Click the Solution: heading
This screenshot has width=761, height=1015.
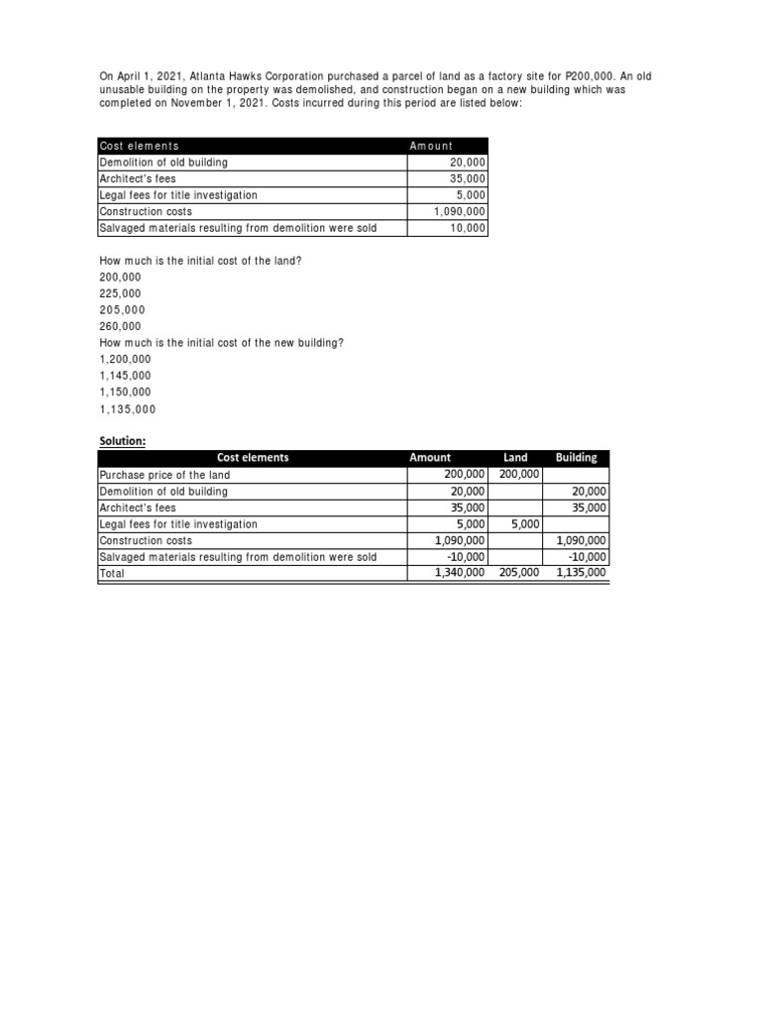click(121, 440)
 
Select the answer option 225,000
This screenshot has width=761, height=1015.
click(120, 293)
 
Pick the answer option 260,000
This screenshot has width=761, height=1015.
click(120, 326)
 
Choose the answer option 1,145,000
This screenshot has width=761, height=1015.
click(126, 376)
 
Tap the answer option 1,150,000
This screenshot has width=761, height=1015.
click(126, 393)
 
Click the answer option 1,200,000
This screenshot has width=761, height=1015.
click(126, 359)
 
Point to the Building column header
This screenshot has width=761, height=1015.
click(577, 458)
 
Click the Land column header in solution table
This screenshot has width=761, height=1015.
click(515, 458)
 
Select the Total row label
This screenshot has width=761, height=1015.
click(112, 574)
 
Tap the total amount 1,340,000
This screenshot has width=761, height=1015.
click(460, 573)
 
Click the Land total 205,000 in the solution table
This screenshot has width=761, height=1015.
click(519, 573)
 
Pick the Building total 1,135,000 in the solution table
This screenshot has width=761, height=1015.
click(582, 573)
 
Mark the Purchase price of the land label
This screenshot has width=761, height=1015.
click(164, 475)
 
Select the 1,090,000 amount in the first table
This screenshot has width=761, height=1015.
click(460, 212)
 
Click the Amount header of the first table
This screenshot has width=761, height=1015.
click(431, 147)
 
